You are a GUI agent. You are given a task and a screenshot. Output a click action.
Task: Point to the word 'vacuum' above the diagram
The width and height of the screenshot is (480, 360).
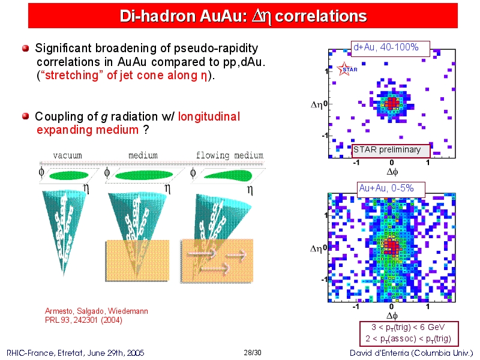pyautogui.click(x=67, y=155)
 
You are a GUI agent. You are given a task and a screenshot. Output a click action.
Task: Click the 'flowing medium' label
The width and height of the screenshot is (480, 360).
pyautogui.click(x=230, y=155)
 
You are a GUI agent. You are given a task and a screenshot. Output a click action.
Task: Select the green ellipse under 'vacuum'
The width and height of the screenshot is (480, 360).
pyautogui.click(x=69, y=176)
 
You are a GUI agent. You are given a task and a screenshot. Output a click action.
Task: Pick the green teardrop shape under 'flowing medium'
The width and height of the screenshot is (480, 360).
pyautogui.click(x=228, y=175)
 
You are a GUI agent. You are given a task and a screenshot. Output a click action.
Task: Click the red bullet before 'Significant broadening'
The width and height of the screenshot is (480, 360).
pyautogui.click(x=26, y=49)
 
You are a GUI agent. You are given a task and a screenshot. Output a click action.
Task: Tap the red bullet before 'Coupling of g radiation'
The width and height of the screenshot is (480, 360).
pyautogui.click(x=26, y=116)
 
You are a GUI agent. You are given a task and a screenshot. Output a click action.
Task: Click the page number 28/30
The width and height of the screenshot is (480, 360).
pyautogui.click(x=253, y=353)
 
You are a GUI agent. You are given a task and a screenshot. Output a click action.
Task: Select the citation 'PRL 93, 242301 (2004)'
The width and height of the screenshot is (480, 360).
pyautogui.click(x=83, y=320)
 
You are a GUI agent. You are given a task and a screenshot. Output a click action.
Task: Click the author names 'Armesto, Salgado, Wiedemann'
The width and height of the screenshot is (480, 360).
pyautogui.click(x=97, y=311)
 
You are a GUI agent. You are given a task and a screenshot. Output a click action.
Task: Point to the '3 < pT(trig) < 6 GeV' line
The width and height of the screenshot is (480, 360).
pyautogui.click(x=408, y=327)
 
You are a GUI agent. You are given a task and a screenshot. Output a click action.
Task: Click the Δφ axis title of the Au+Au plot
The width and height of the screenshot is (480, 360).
pyautogui.click(x=392, y=316)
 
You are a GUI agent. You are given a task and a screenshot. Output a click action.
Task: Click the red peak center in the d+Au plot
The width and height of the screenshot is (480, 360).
pyautogui.click(x=392, y=103)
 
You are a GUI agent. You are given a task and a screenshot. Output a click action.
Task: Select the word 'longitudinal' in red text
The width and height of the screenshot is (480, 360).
pyautogui.click(x=209, y=116)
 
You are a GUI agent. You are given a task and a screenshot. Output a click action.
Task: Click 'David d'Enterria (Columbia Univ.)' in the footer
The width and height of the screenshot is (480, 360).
pyautogui.click(x=412, y=353)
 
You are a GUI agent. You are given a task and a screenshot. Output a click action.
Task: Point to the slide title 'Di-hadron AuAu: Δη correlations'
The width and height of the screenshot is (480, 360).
pyautogui.click(x=243, y=16)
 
